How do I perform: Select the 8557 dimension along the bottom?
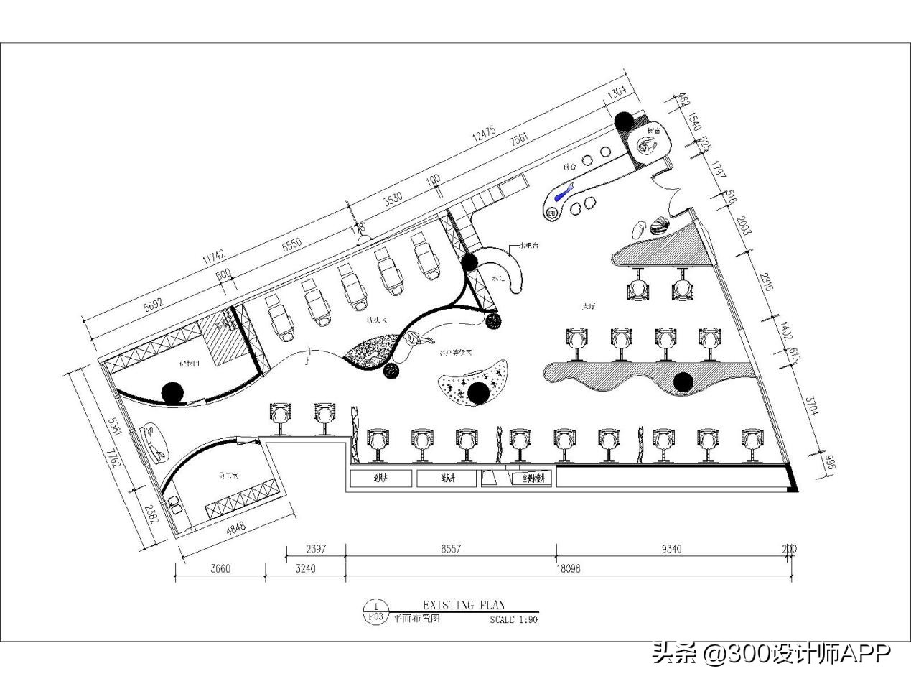coord(451,549)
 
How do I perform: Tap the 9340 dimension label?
coord(671,549)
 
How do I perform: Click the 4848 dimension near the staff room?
coord(235,527)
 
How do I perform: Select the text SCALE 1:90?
coord(513,619)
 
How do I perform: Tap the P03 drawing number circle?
coord(375,612)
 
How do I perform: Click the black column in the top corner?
coord(624,121)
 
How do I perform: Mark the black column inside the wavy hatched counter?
coord(683,382)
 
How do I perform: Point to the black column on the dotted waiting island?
coord(478,392)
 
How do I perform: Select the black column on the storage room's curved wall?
coord(172,392)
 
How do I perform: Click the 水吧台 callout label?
coord(529,246)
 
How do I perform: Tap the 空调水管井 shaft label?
coord(531,478)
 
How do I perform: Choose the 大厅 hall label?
coord(589,306)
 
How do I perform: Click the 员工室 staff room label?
coord(228,476)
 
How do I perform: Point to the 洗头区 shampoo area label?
coord(376,320)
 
